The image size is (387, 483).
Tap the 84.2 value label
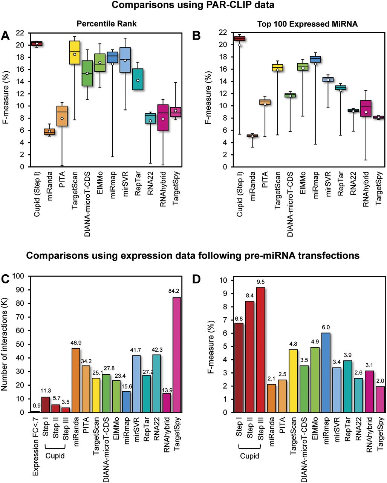(176, 291)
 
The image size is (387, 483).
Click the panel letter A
(5, 36)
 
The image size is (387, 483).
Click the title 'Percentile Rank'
(106, 23)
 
